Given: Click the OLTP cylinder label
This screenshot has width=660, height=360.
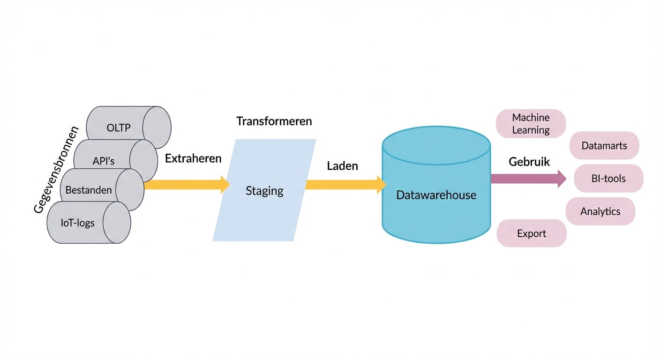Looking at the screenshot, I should pos(119,127).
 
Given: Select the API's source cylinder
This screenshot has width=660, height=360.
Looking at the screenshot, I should pos(104,161).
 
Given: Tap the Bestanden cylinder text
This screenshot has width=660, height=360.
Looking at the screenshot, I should pos(89,190).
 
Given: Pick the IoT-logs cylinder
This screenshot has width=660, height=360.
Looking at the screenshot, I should pos(77,223).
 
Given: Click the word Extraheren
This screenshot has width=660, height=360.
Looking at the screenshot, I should pos(193,158).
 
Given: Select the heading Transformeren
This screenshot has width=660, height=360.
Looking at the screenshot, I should pos(274,121).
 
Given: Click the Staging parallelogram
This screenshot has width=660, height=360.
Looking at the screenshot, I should pos(264,191).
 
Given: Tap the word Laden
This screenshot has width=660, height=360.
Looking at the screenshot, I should pos(342,165).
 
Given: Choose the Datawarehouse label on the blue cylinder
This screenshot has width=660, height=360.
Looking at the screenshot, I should pos(436,195).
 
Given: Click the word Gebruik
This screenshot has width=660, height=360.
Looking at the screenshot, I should pos(529,162).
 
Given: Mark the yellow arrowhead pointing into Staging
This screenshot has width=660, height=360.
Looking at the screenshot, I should pos(225,185).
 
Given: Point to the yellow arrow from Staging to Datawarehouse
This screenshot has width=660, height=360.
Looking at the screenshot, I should pos(345,185).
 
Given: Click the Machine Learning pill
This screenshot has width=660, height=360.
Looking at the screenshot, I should pos(531,124).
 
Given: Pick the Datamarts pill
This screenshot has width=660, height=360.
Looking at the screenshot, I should pos(604,146).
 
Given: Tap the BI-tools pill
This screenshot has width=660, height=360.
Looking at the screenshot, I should pos(608,178).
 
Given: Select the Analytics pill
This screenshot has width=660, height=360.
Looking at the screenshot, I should pos(600,211).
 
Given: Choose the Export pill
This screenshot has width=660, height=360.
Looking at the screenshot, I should pos(532,233).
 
